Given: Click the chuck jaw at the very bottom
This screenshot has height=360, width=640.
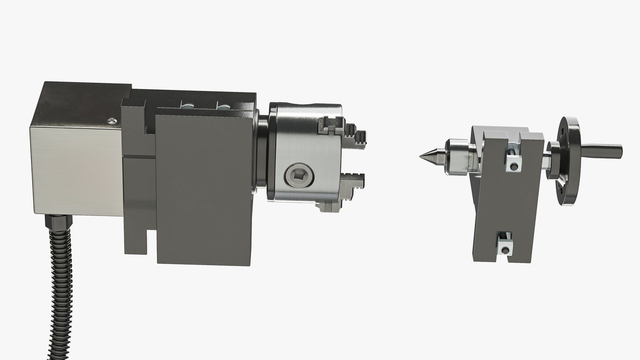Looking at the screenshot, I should point(330,207).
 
